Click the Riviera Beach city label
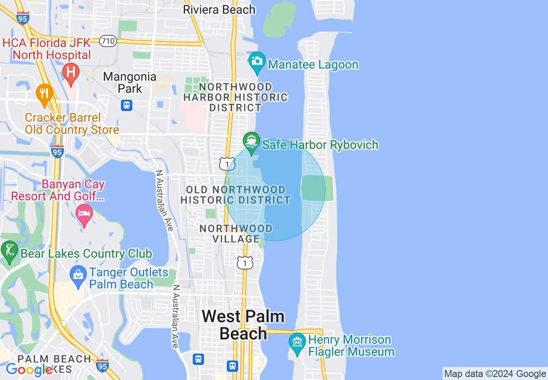(x=219, y=9)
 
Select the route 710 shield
(x=108, y=41)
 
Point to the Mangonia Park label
(x=129, y=82)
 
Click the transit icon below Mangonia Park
(x=126, y=105)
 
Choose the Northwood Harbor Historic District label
(x=236, y=98)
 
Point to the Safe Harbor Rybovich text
(x=320, y=145)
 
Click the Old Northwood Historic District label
(x=236, y=195)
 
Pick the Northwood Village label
(x=236, y=233)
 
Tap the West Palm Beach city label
(x=243, y=325)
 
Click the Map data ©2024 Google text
(x=495, y=374)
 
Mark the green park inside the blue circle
(x=317, y=188)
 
